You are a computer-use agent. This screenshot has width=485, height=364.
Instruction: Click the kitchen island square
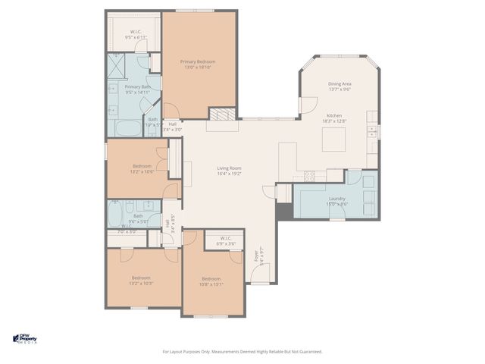[x=333, y=140]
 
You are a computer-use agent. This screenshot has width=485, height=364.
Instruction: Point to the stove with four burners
[x=310, y=175]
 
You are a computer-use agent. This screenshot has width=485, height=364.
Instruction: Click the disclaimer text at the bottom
[x=242, y=351]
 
